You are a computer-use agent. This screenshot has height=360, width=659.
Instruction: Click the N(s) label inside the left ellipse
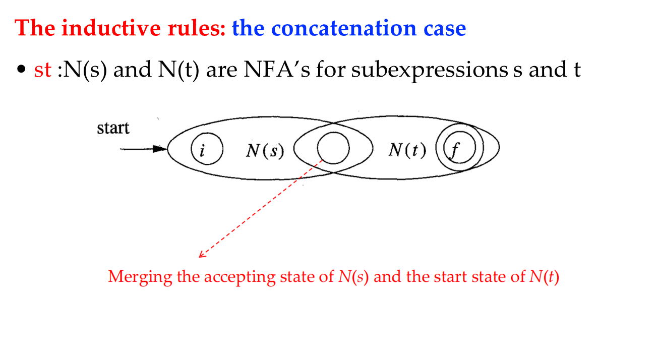coord(265,151)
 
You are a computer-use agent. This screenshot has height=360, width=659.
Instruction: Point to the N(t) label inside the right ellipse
coord(407,150)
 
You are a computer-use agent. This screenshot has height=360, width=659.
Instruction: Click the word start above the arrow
coord(113,128)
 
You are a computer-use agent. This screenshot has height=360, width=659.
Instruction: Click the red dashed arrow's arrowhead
coord(203,255)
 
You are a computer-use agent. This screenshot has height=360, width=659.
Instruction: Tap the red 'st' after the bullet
coord(43,70)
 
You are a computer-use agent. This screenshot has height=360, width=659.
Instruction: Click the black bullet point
coord(21,69)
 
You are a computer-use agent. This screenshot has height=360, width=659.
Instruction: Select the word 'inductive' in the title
coord(111,28)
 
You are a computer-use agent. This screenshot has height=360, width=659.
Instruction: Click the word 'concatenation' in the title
coord(344,28)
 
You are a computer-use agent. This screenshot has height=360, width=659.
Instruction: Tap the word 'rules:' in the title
coord(197,29)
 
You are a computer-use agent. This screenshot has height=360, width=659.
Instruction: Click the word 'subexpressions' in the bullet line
coord(430,71)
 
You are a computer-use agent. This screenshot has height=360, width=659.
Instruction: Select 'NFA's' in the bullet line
coord(277,70)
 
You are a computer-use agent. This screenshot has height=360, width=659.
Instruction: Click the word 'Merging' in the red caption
coord(140,277)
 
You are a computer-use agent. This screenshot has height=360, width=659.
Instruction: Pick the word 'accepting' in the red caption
coord(240,278)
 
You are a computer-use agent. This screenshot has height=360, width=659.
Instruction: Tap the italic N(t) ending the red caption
coord(544,277)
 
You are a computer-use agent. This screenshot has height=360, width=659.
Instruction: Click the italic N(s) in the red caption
coord(353,277)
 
